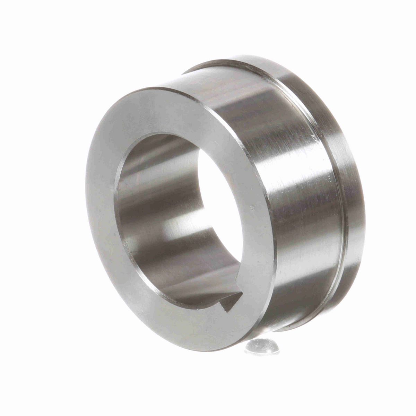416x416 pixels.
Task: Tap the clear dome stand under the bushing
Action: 262,347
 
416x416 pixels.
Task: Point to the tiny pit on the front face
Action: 252,209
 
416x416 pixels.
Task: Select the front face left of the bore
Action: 102,208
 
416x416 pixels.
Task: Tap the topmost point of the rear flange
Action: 243,55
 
